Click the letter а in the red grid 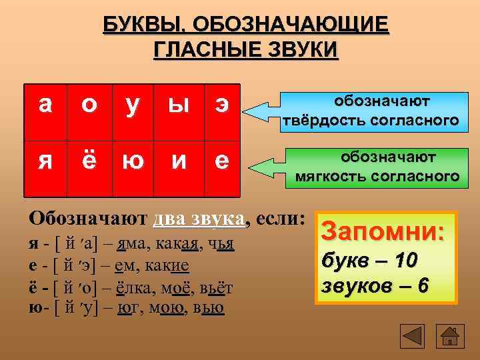[x=45, y=104]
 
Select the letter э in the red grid [x=220, y=104]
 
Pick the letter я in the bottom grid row [x=45, y=160]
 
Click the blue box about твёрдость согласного [x=371, y=110]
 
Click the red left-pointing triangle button [x=414, y=335]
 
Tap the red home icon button [x=451, y=335]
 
